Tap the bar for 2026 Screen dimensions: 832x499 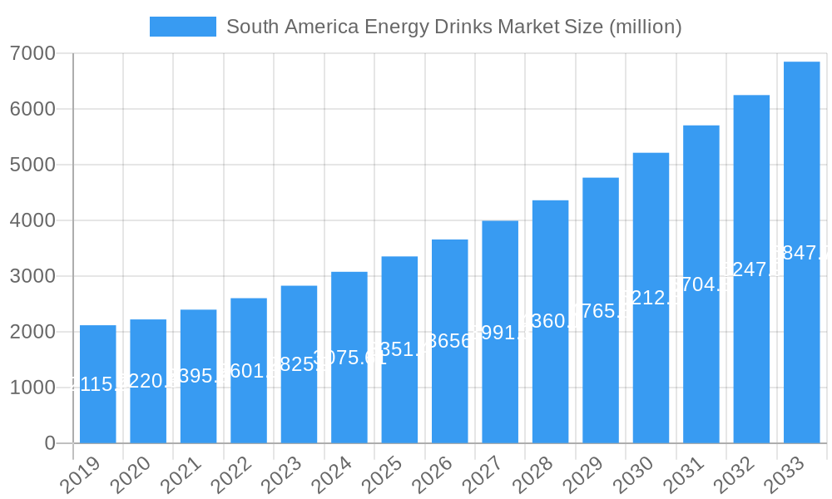click(x=450, y=341)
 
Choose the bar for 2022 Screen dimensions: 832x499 click(x=249, y=370)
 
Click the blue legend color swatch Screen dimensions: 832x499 click(x=182, y=27)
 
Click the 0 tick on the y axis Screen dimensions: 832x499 click(x=49, y=443)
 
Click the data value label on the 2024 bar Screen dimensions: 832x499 click(x=349, y=358)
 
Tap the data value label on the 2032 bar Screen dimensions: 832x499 click(x=751, y=269)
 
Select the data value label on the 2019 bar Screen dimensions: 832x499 click(x=98, y=384)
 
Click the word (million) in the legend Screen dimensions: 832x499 click(x=646, y=27)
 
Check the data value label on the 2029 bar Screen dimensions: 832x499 click(x=601, y=311)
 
